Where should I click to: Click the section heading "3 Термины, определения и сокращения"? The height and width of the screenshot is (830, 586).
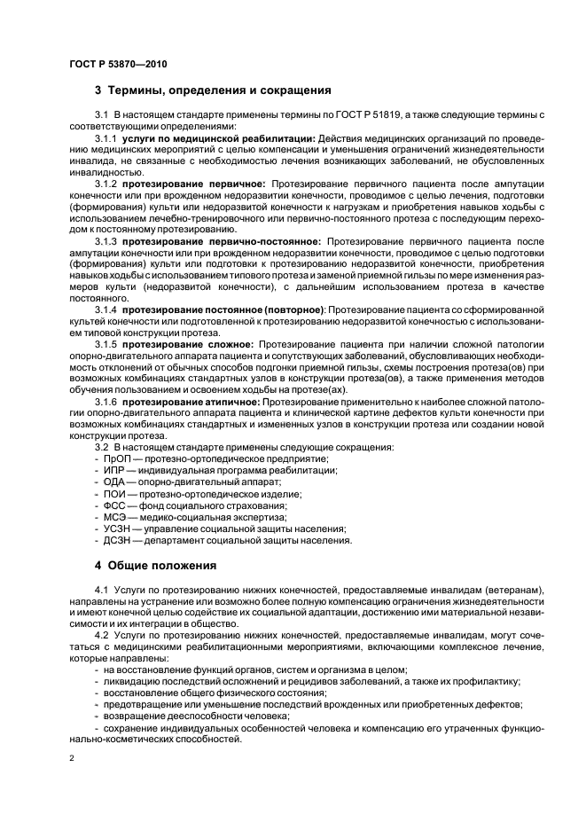click(213, 90)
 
